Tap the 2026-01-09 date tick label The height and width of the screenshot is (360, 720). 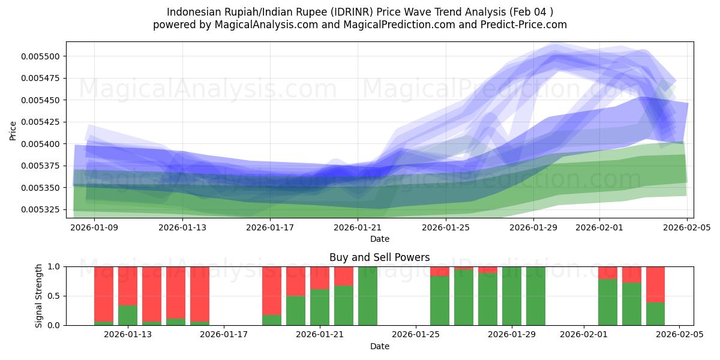tap(94, 227)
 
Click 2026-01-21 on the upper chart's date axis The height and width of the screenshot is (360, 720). tap(358, 227)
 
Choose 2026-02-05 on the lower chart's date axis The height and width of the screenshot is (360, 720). tap(679, 334)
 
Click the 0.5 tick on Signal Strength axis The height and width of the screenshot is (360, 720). tap(54, 296)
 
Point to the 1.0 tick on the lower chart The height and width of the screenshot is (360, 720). tap(54, 266)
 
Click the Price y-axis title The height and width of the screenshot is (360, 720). tap(13, 130)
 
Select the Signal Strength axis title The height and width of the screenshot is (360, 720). tap(39, 296)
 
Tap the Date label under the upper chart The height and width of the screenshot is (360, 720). tap(379, 239)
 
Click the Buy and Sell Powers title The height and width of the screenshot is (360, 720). tap(379, 257)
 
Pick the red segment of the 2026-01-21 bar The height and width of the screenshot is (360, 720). tap(320, 278)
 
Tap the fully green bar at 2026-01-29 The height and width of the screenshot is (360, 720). tap(512, 296)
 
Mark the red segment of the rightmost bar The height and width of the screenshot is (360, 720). tap(655, 284)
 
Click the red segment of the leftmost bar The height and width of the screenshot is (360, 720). tap(104, 294)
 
